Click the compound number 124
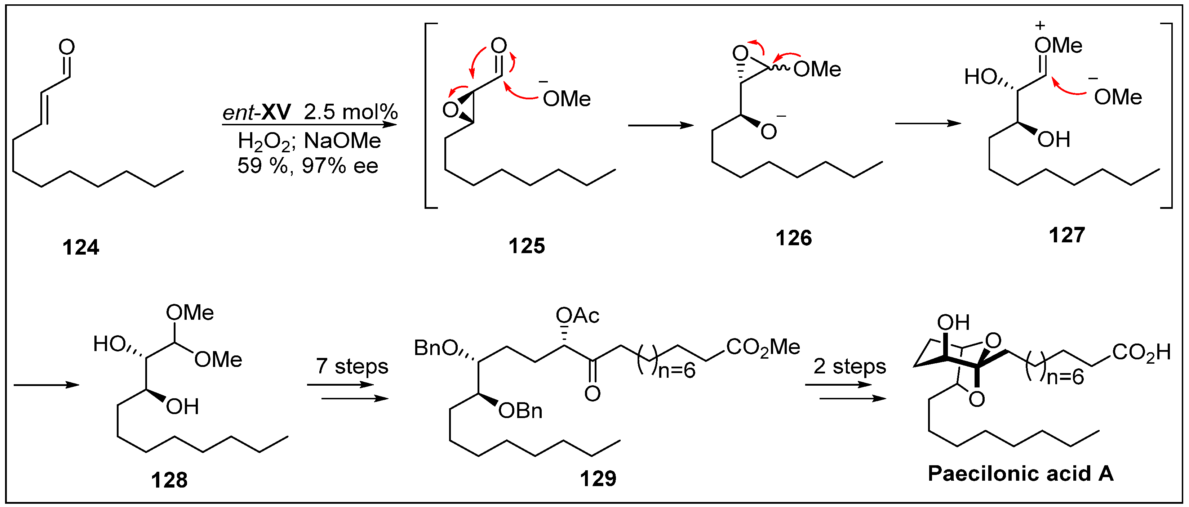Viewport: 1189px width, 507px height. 81,248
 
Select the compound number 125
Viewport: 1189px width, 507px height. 527,246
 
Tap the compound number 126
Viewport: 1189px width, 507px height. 793,238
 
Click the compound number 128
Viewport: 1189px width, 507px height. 169,480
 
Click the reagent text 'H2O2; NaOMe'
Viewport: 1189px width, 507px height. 309,141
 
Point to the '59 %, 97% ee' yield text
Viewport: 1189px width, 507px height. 308,166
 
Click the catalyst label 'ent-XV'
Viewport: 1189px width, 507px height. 257,112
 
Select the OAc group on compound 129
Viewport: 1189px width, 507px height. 577,316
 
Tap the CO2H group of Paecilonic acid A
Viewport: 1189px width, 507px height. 1141,353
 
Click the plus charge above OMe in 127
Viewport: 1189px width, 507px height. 1040,25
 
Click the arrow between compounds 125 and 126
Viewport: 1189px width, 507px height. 661,125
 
